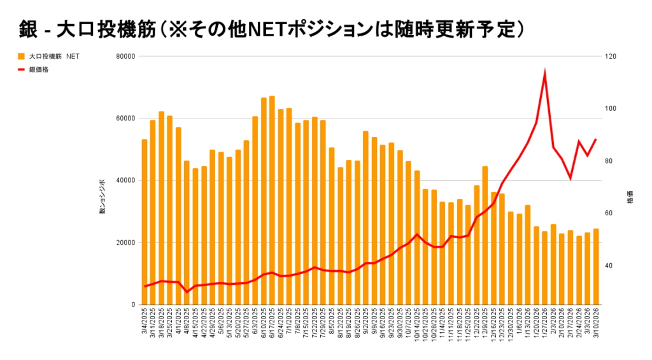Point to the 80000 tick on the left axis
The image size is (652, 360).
pos(126,56)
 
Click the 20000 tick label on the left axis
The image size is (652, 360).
pos(126,243)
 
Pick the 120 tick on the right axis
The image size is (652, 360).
pos(611,56)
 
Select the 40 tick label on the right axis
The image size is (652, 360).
pos(610,266)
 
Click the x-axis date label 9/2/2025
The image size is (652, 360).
pos(366,326)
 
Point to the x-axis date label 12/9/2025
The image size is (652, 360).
pos(485,326)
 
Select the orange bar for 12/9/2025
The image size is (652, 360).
pos(485,235)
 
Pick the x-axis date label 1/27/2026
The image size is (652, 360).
pos(545,326)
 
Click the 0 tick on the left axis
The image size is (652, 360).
pos(133,305)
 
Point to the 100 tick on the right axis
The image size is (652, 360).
pos(611,108)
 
